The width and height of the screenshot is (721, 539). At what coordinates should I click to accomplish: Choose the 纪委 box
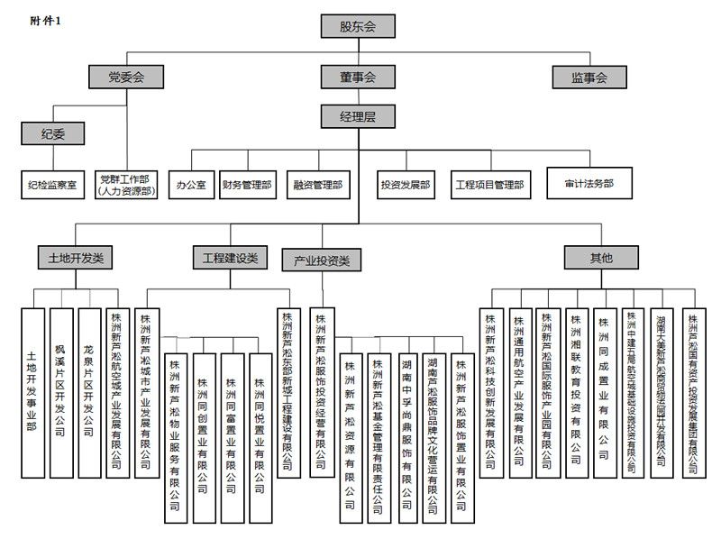point(52,134)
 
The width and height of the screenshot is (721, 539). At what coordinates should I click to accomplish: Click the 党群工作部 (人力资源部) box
point(126,187)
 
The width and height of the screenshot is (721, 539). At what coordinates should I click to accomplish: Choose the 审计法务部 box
point(589,183)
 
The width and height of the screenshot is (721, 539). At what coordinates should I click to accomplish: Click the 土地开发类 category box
point(76,258)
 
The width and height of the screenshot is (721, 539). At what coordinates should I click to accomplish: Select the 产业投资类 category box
point(322,261)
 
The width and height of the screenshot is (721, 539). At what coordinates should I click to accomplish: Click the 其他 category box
point(601,258)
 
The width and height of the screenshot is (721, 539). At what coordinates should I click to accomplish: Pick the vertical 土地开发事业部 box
point(32,392)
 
